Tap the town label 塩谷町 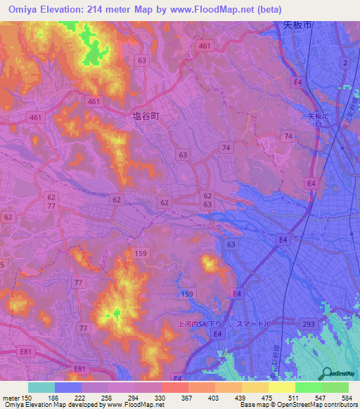[146, 117]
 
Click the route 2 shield [345, 63]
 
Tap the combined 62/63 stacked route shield [207, 200]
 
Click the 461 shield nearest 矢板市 [205, 46]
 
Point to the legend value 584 [345, 398]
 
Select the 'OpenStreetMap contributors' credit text [315, 405]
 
